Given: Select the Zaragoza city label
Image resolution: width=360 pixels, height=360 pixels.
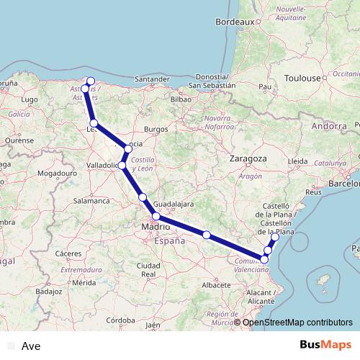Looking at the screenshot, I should [x=248, y=158].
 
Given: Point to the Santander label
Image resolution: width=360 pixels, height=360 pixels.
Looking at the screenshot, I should [x=151, y=78].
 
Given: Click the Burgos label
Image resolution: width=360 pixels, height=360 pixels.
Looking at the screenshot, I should [x=156, y=129].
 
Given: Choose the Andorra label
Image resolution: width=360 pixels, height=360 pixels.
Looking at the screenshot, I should [x=329, y=126].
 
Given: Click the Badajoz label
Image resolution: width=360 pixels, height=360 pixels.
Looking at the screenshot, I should [x=48, y=292].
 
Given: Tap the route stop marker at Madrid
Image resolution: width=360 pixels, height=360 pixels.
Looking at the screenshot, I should [x=156, y=216].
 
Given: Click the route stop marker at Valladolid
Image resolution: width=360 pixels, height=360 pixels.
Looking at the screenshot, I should [x=122, y=166].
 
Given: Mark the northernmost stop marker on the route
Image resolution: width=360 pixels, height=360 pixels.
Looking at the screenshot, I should [x=91, y=81].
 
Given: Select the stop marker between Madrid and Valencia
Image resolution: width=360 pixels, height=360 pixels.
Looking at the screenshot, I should [x=207, y=235].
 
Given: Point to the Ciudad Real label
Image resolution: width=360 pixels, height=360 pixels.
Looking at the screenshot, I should [x=148, y=270].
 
